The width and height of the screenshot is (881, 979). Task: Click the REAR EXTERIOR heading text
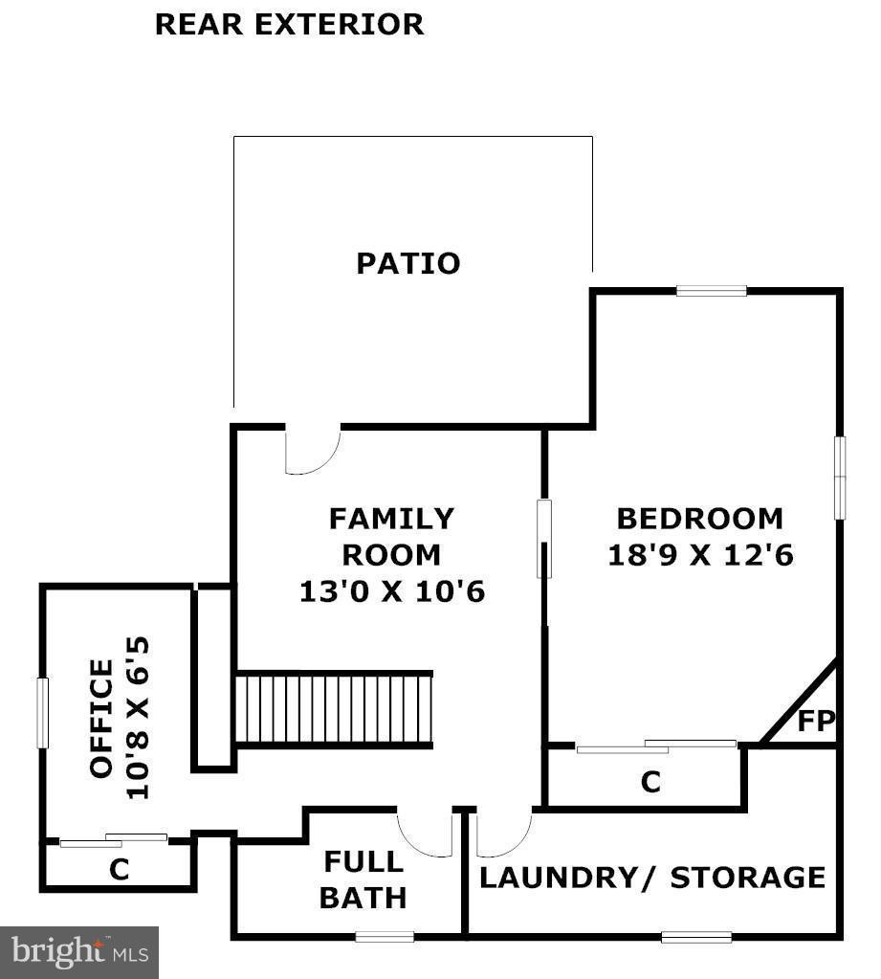pos(289,24)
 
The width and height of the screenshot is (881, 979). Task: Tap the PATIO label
pos(408,263)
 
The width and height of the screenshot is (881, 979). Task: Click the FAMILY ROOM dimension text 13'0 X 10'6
pos(392,591)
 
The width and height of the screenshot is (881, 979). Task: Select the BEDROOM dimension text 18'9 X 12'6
pos(701,555)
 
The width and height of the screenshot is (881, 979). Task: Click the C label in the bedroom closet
pos(650,783)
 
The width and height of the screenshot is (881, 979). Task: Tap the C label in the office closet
pos(119,869)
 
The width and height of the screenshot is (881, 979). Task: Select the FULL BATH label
pos(363,879)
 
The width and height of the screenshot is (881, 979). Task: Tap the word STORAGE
pos(747,878)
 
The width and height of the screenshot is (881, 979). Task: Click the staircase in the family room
pos(334,708)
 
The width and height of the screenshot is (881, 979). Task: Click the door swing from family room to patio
pos(312,450)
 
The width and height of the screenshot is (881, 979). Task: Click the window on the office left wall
pos(42,713)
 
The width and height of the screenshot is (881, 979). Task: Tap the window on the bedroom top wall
pos(711,291)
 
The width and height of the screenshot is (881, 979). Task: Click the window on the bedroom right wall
pos(839,478)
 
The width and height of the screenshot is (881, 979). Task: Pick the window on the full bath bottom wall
pos(385,936)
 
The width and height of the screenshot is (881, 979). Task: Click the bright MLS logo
pos(79,952)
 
